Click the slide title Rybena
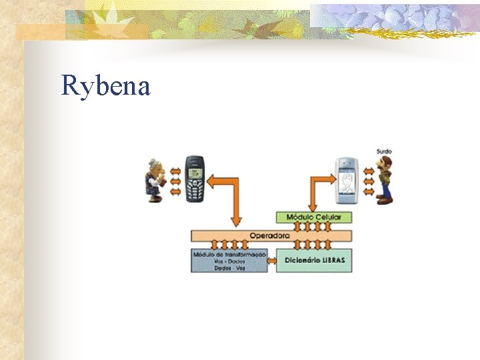pos(105,86)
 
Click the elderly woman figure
pos(155,181)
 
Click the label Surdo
pos(384,151)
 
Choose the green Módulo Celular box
pos(313,217)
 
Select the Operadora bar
pos(271,235)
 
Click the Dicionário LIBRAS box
pos(313,260)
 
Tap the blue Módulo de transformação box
pos(229,260)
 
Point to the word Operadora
pos(270,235)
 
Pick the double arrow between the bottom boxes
pos(272,261)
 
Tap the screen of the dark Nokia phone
pos(195,172)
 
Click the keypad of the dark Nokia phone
pos(195,191)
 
